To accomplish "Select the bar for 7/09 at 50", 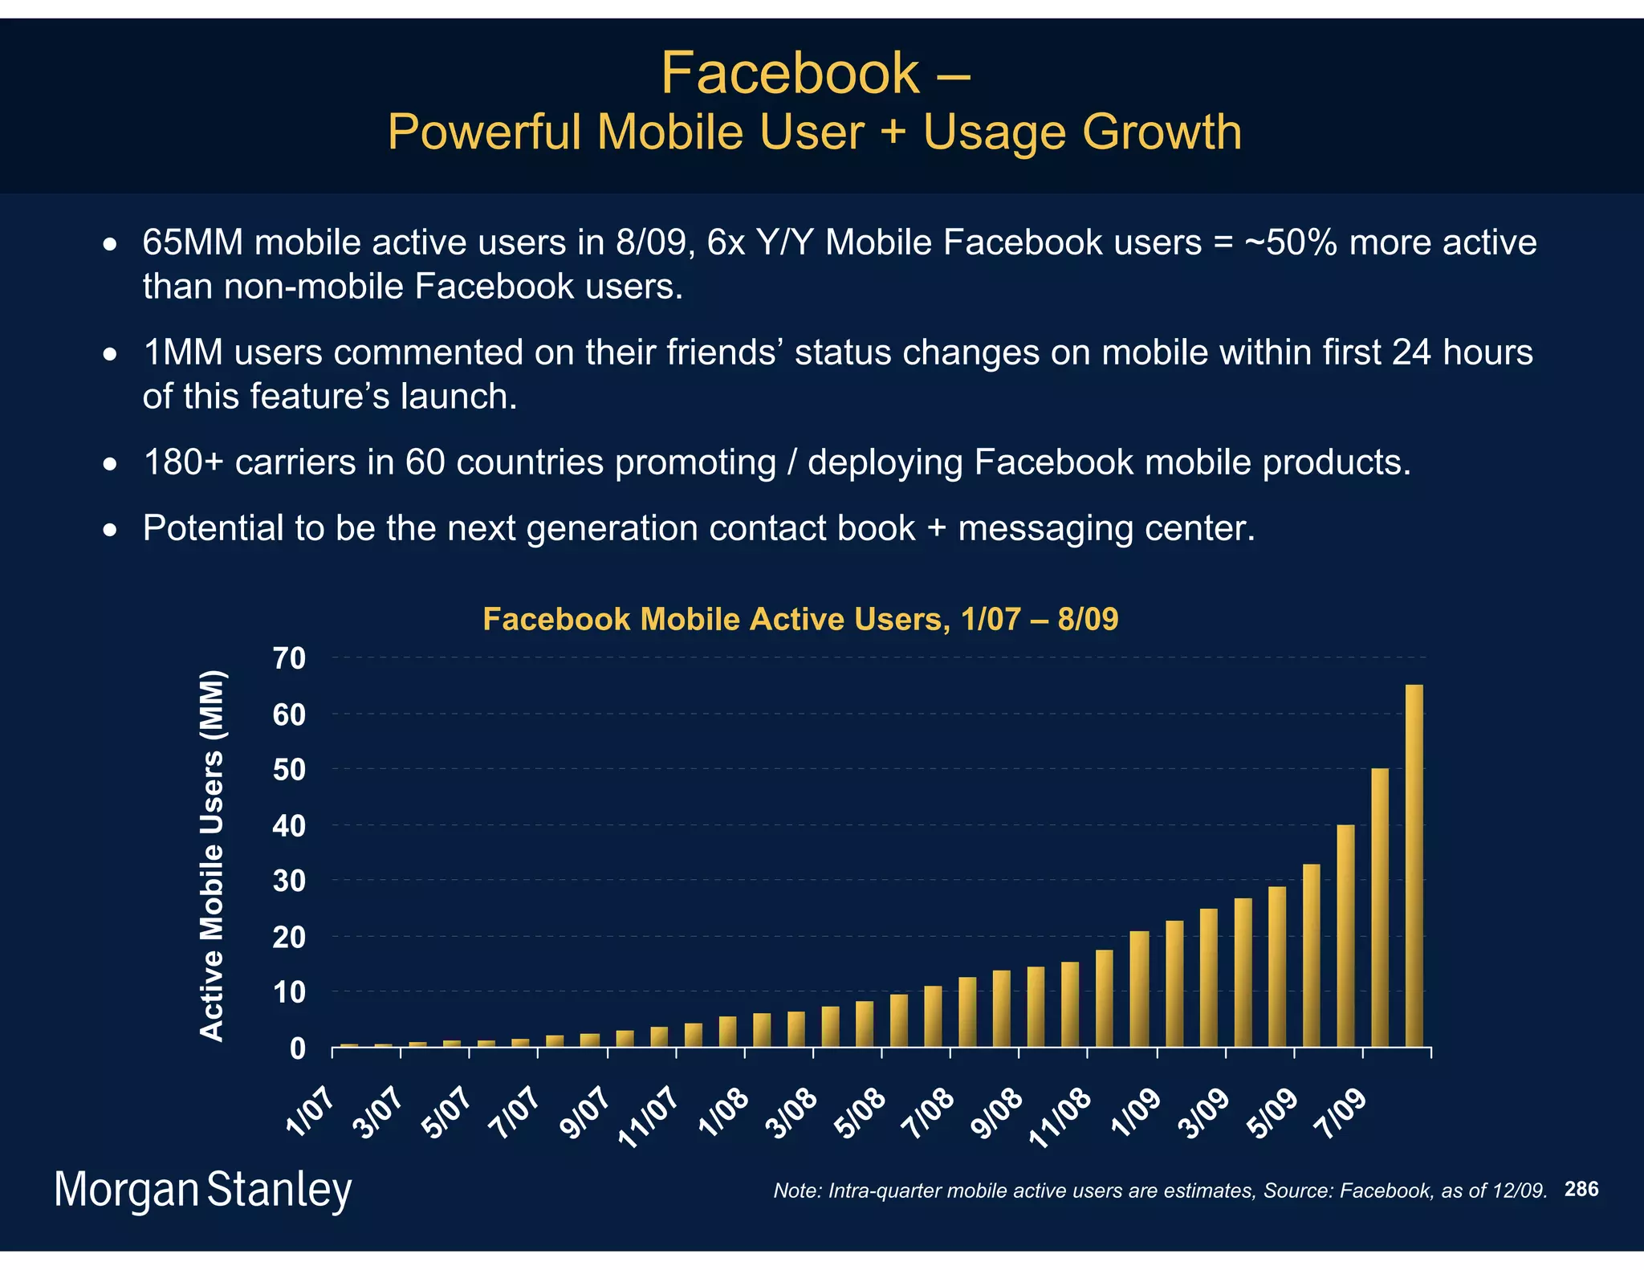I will click(1379, 907).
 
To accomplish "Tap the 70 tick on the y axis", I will click(290, 658).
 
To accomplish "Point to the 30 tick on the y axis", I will click(290, 881).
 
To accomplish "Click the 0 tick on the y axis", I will click(298, 1048).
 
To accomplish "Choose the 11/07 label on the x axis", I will click(649, 1119).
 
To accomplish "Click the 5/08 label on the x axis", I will click(861, 1115).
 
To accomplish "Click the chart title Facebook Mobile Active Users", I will click(800, 619).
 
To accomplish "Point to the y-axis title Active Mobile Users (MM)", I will click(212, 856).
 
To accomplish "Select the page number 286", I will click(1581, 1189).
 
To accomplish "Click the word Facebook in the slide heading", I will click(790, 73).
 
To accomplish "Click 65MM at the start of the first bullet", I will click(193, 242).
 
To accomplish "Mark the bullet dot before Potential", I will click(111, 531).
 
